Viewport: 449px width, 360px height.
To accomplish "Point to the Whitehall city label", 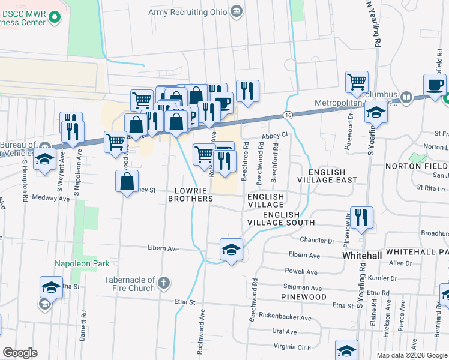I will click(361, 255).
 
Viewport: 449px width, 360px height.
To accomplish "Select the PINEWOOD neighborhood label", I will click(303, 297).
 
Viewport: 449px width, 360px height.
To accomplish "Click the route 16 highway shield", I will click(289, 115).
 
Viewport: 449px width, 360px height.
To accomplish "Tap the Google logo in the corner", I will click(20, 352).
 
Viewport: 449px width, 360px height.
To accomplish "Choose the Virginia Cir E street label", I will click(292, 347).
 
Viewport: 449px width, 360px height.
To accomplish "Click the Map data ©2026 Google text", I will click(411, 355).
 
